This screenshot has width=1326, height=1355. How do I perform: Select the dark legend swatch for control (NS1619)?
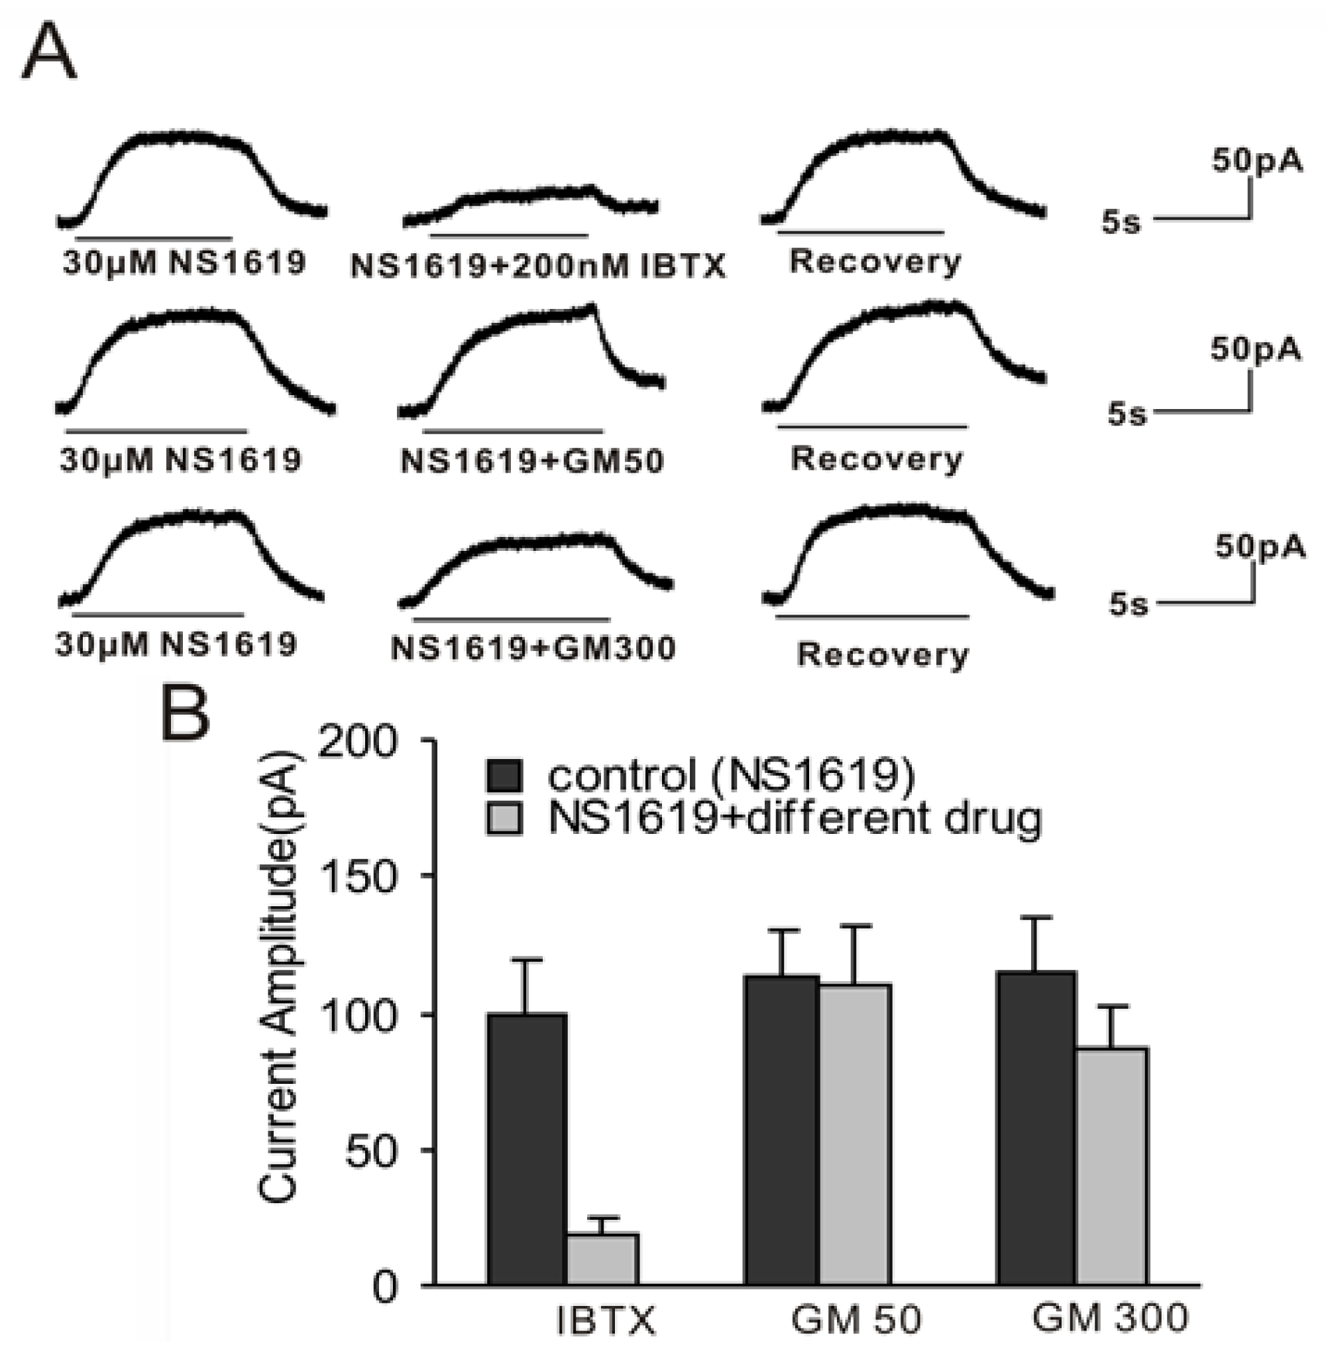point(504,775)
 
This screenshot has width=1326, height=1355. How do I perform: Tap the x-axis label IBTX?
point(606,1321)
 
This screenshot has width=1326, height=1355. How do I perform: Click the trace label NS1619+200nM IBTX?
point(537,266)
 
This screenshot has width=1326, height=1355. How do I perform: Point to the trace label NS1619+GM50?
point(532,461)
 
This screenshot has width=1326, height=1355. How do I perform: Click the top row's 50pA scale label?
point(1256,161)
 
